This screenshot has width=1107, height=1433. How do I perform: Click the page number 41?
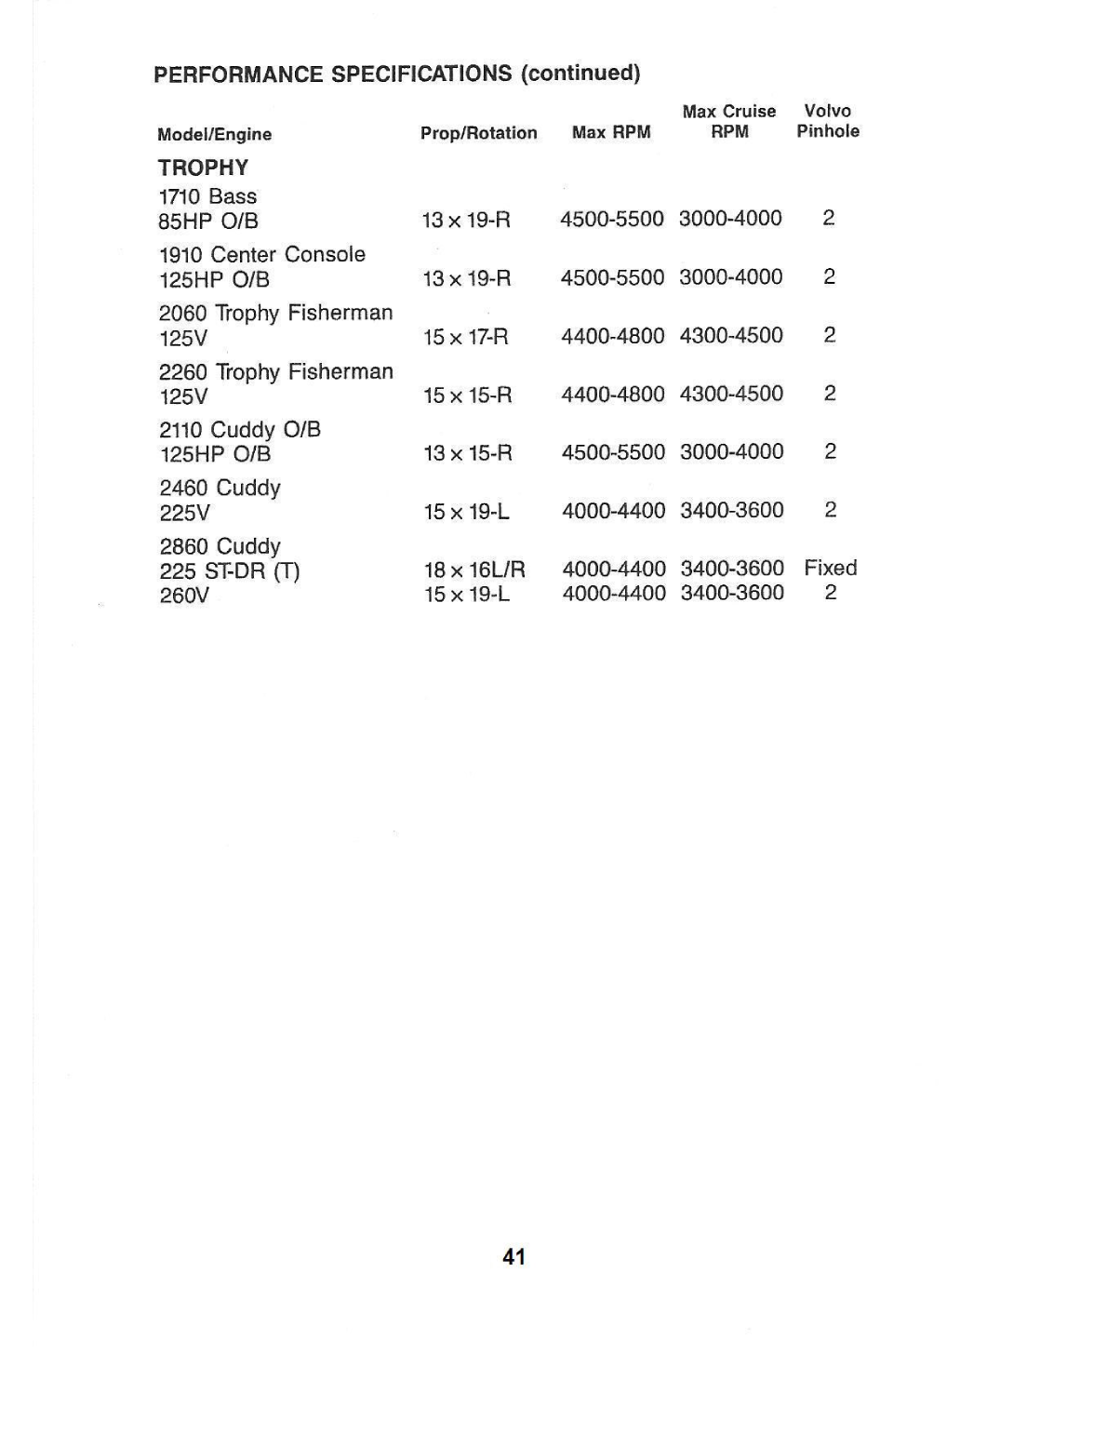[x=513, y=1257]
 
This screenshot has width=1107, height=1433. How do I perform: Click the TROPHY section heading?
[x=203, y=167]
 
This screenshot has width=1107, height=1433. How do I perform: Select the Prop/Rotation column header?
[x=478, y=133]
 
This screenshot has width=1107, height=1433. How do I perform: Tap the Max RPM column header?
[x=611, y=133]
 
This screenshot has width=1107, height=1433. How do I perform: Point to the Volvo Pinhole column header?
[x=827, y=121]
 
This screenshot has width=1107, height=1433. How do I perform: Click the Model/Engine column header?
[x=214, y=134]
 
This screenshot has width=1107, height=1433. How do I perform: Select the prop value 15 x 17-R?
[x=466, y=337]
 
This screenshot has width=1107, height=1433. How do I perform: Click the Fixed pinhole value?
[x=830, y=568]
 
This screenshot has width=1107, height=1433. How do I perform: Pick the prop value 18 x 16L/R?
[x=474, y=569]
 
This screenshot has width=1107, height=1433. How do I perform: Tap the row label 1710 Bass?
[x=207, y=196]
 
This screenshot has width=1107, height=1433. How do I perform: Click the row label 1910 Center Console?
[x=261, y=254]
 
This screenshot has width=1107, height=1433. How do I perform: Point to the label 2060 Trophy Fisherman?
[x=275, y=313]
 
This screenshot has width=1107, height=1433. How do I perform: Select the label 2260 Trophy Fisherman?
[x=275, y=371]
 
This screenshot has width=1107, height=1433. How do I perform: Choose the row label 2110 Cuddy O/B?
[x=239, y=429]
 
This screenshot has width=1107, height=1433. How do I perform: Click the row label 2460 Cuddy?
[x=220, y=488]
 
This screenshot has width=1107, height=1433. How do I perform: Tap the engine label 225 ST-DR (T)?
[x=229, y=570]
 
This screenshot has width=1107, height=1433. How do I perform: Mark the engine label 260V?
[x=184, y=595]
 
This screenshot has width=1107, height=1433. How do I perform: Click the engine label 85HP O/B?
[x=208, y=221]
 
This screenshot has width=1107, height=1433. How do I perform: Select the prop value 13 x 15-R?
[x=467, y=453]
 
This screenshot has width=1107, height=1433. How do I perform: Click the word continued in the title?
[x=580, y=73]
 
